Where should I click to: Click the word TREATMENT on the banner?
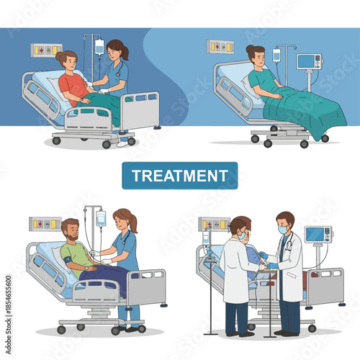click(180, 175)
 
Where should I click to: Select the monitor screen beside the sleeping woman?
click(308, 60)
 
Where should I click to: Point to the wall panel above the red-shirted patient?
click(46, 50)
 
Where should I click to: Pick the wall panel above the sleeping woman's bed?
click(220, 46)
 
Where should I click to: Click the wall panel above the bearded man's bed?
click(45, 224)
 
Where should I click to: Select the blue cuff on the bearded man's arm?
click(67, 252)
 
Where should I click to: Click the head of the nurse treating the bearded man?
click(122, 219)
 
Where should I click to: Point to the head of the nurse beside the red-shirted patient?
click(116, 50)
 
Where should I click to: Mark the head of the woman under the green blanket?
click(255, 55)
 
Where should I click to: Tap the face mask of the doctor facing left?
click(282, 230)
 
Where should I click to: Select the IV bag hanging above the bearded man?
click(101, 218)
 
